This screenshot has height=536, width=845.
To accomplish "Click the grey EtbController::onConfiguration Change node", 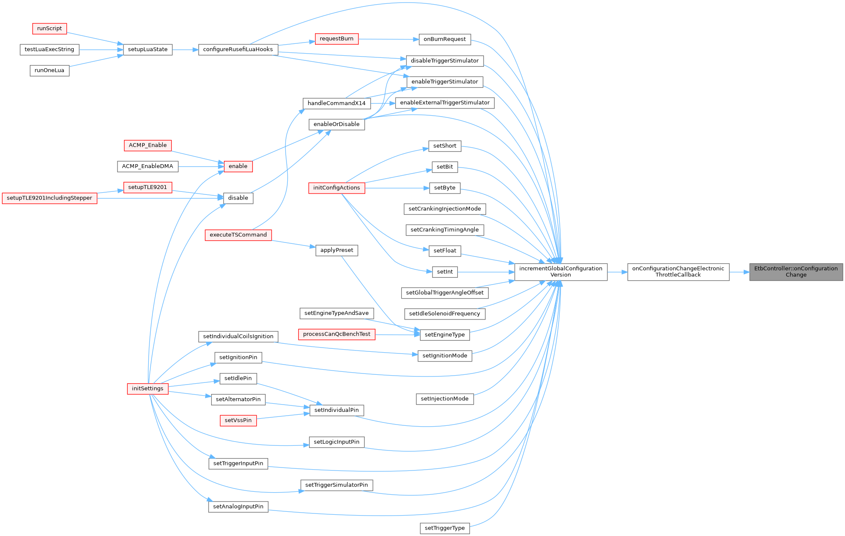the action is (x=796, y=272).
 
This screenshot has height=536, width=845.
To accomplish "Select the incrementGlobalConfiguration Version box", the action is (x=561, y=272).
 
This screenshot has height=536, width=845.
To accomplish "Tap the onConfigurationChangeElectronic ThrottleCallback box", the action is (x=678, y=272).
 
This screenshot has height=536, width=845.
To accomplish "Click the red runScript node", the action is (x=49, y=29).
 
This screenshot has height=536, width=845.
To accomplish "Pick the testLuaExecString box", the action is (x=49, y=49).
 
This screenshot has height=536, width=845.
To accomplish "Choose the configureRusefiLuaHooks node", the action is (x=238, y=49).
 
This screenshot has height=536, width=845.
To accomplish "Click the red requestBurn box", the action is (x=337, y=39).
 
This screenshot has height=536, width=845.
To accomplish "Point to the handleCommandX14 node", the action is (x=337, y=103).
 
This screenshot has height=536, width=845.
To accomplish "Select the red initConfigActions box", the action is (x=337, y=188).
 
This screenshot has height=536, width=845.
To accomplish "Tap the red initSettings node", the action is (x=148, y=388).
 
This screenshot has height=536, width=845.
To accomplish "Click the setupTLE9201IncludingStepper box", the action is (x=49, y=198).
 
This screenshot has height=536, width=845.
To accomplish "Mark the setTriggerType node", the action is (x=445, y=528).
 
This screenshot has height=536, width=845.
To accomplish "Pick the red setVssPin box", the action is (x=238, y=420).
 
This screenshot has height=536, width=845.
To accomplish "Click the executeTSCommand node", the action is (x=238, y=235).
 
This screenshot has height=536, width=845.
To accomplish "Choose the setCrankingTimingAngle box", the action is (x=445, y=230).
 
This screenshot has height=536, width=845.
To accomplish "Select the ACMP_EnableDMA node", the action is (x=148, y=166).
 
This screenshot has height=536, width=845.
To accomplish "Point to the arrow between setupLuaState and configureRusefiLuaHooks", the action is (x=185, y=50).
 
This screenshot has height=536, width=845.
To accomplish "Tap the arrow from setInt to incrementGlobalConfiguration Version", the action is (x=486, y=272).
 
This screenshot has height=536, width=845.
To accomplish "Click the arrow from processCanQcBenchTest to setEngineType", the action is (x=398, y=335).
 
